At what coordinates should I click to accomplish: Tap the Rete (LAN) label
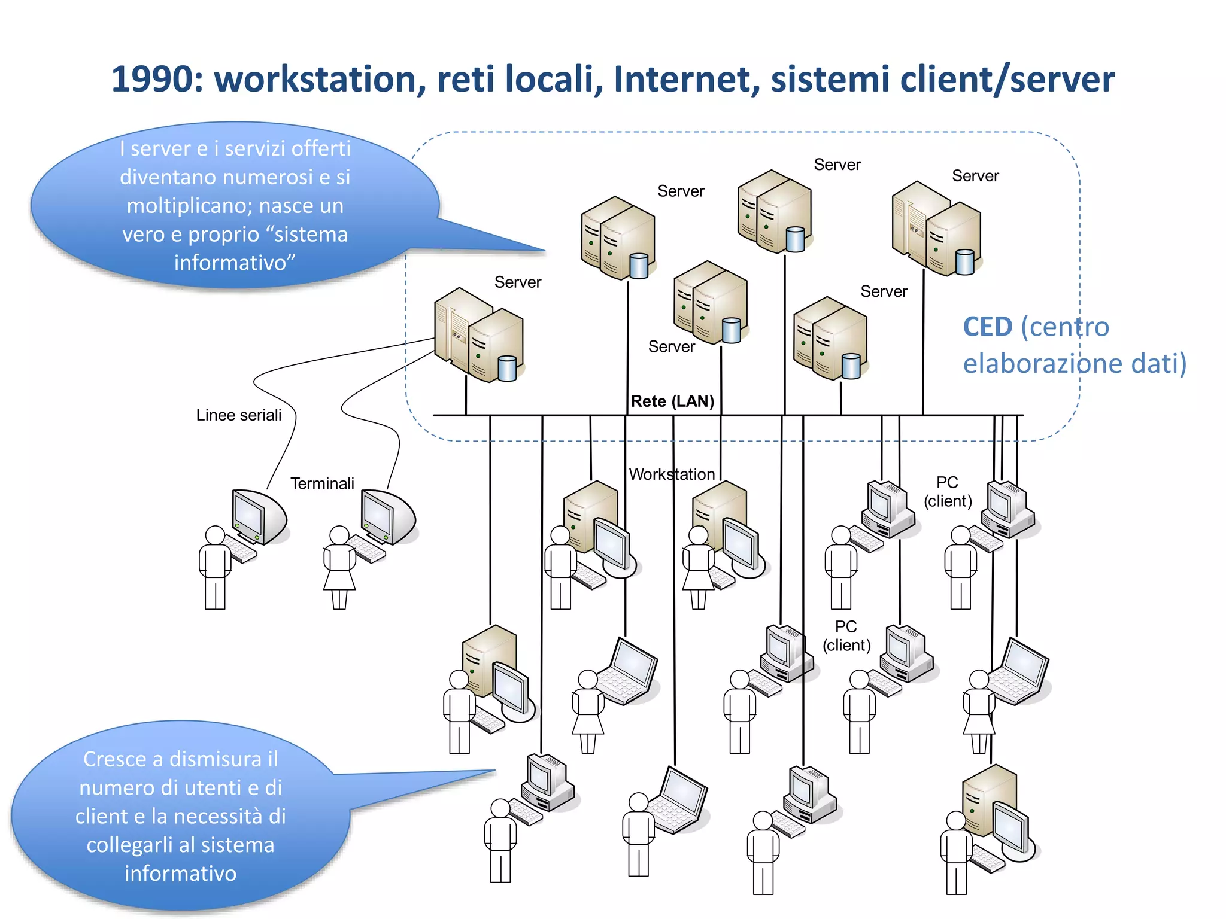click(672, 401)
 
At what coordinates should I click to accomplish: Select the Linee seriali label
click(238, 415)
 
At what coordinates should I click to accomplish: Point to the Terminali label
click(322, 483)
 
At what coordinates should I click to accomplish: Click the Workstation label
click(672, 474)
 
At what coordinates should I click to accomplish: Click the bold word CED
click(988, 327)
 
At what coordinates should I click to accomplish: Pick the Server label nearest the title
click(837, 165)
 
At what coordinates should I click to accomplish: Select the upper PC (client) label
click(948, 491)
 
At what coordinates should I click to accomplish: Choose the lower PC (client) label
click(846, 635)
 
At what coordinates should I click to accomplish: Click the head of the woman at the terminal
click(339, 535)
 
